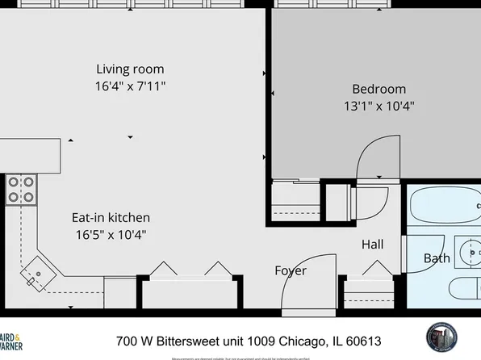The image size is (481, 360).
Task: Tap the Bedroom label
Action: tap(379, 89)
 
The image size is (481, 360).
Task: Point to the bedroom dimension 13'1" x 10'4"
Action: tap(379, 105)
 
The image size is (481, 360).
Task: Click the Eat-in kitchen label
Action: tap(111, 218)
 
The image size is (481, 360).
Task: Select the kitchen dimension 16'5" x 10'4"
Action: tap(111, 235)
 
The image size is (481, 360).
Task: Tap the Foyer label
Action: tap(291, 270)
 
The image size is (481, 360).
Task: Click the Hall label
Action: tap(372, 245)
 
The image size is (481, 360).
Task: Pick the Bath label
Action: tap(437, 258)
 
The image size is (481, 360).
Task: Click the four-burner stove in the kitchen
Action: tap(21, 189)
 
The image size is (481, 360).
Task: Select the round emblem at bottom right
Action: tap(443, 338)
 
